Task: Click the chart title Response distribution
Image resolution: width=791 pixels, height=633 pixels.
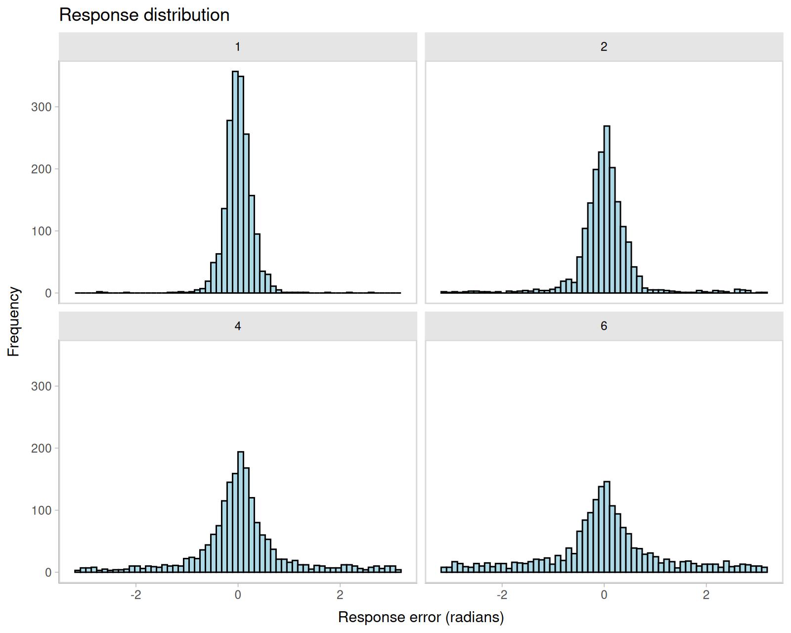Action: pos(144,15)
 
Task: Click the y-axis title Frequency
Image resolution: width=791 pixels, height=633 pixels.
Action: pos(14,321)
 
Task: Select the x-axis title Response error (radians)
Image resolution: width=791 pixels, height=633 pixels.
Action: pos(421,617)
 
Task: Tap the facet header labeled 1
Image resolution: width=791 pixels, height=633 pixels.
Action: pos(238,47)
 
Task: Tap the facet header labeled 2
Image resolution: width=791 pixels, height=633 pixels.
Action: pos(604,47)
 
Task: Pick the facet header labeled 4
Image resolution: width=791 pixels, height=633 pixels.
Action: pos(238,326)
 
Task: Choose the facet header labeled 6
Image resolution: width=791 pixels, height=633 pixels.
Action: pos(604,326)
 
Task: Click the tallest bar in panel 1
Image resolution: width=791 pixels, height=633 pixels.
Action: pos(235,183)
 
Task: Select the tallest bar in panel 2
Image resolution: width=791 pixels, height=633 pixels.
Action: pos(607,210)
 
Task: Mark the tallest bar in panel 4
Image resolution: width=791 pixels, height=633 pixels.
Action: pos(241,512)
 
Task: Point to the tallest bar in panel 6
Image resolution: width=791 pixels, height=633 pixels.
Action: pos(607,527)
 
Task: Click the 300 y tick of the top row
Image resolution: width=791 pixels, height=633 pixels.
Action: pos(42,107)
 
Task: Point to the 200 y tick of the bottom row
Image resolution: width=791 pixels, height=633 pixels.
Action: pos(42,448)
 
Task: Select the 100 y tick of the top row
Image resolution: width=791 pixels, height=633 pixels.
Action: pos(42,231)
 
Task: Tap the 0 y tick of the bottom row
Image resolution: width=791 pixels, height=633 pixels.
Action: pos(48,572)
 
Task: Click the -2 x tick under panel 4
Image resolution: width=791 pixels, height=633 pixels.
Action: pos(135,594)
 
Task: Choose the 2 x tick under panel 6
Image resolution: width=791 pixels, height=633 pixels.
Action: pos(706,594)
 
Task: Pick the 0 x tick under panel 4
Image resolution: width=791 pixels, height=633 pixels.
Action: pos(238,594)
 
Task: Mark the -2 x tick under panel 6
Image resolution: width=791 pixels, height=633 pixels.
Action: pos(501,594)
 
